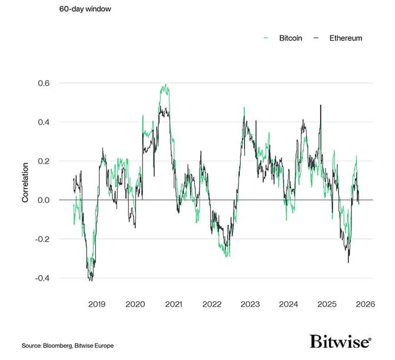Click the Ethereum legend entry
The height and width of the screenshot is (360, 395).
tap(342, 38)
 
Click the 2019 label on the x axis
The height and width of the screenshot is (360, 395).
tap(97, 304)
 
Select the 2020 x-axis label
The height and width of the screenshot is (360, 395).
tap(135, 304)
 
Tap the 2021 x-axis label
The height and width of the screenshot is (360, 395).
tap(173, 304)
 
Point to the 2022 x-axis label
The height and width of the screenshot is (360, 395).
tap(211, 304)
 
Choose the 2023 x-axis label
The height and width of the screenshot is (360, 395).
tap(250, 304)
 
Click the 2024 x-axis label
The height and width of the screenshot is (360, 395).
tap(288, 304)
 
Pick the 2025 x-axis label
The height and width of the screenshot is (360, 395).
tap(327, 304)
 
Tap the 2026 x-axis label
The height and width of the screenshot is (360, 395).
tap(365, 304)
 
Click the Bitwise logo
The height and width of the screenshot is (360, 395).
tap(340, 342)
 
